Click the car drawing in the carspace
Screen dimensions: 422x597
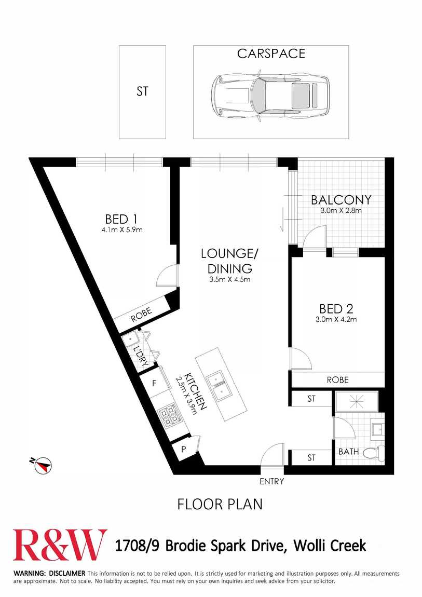[x=270, y=96]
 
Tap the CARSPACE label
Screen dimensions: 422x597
[x=271, y=53]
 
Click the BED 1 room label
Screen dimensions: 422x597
[x=121, y=219]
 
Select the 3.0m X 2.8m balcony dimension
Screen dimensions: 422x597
[x=341, y=210]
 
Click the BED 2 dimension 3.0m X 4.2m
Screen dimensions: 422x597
[x=336, y=319]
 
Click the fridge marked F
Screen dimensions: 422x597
[x=155, y=383]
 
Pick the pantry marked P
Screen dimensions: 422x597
[x=184, y=449]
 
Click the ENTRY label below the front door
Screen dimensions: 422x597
[x=271, y=481]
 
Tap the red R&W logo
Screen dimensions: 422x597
[x=60, y=545]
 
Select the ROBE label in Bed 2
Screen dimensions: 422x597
[x=337, y=379]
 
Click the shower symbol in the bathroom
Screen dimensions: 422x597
[x=357, y=401]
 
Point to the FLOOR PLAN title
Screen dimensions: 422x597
[x=220, y=504]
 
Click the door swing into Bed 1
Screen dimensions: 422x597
[x=166, y=275]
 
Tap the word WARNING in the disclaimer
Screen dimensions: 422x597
[x=30, y=573]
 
